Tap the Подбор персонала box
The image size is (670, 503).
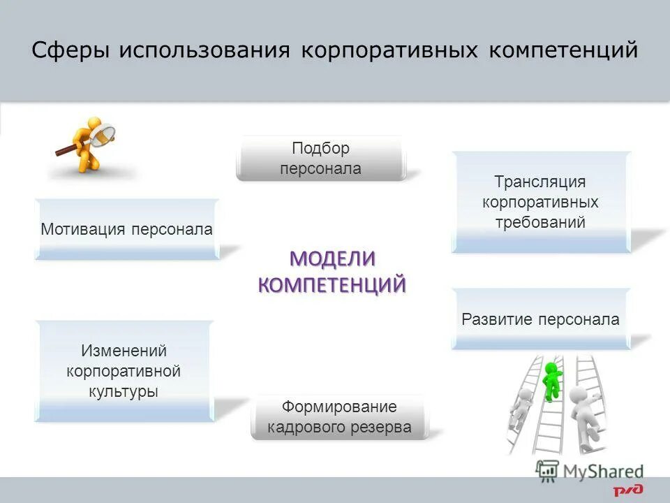(320, 159)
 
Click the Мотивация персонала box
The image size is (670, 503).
(126, 229)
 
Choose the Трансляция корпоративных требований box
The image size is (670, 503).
(540, 202)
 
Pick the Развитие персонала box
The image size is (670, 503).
(540, 319)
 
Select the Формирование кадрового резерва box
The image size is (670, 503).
(339, 417)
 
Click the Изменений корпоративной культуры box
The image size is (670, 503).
(124, 371)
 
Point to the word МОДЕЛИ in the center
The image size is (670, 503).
(332, 258)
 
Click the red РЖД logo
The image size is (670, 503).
(628, 490)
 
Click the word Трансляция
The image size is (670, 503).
(540, 182)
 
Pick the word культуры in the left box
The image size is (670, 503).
(124, 391)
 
